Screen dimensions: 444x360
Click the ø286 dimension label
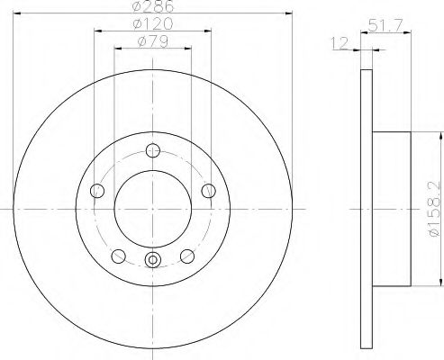click(x=153, y=6)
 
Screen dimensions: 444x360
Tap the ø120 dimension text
click(x=153, y=23)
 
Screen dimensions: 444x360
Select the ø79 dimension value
click(x=153, y=41)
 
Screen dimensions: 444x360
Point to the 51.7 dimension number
click(x=385, y=25)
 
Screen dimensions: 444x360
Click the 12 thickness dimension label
click(x=340, y=43)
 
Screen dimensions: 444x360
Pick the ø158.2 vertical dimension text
click(x=434, y=210)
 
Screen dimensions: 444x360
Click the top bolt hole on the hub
click(x=153, y=150)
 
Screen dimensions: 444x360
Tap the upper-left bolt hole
click(x=97, y=191)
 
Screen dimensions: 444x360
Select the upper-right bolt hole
click(x=208, y=191)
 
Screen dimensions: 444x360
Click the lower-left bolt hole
click(x=118, y=256)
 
